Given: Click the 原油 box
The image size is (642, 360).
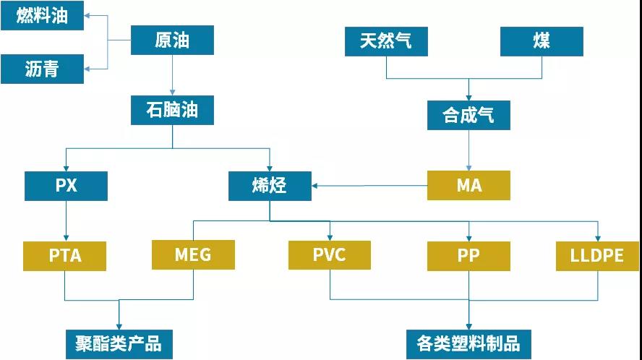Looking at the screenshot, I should point(172,40).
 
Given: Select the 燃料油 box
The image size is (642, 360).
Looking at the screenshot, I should point(42,15).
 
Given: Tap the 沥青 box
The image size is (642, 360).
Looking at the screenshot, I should point(42,69).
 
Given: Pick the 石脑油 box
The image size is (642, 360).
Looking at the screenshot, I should point(172,110).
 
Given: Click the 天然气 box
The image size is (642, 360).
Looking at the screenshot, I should point(386,40).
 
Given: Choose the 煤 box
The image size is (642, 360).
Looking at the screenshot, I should point(542,40).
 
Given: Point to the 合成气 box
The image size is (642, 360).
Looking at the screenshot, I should point(468,115).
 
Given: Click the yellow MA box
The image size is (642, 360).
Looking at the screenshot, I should point(468,185).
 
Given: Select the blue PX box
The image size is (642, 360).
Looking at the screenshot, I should point(66,186).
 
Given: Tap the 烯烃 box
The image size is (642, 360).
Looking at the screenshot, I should point(270,186).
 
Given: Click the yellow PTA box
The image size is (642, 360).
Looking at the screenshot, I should point(65,256).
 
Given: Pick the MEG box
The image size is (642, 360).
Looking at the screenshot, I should point(193,255).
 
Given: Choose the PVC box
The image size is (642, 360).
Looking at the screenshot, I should point(330,255).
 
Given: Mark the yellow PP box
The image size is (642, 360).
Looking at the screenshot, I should point(468,256).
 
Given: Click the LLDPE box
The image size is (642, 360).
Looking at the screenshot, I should point(598,256).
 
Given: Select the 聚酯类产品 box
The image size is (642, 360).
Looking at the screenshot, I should point(119,343).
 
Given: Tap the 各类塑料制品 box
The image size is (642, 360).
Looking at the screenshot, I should point(468,343).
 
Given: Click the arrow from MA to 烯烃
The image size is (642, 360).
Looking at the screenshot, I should point(369,187).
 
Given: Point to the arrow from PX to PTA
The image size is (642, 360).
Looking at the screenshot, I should point(66,220).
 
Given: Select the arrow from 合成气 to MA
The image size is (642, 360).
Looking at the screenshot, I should point(468,150).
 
